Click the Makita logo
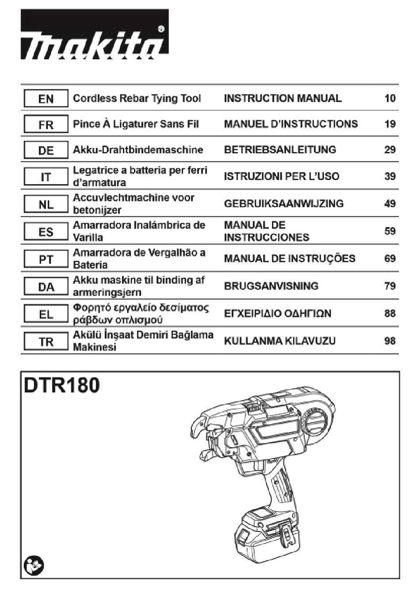(x=95, y=34)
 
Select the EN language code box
(x=46, y=98)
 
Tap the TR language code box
(x=46, y=341)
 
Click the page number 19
(x=390, y=124)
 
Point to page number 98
(x=390, y=341)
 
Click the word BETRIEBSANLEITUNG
(x=280, y=150)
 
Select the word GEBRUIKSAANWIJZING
(x=284, y=204)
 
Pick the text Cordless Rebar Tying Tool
(x=137, y=99)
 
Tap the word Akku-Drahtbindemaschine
(x=138, y=150)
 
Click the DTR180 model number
(x=62, y=386)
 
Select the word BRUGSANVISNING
(x=271, y=286)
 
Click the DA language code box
(x=46, y=286)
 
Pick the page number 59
(x=390, y=231)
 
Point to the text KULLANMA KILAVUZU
(x=280, y=341)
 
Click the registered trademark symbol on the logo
(x=161, y=29)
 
